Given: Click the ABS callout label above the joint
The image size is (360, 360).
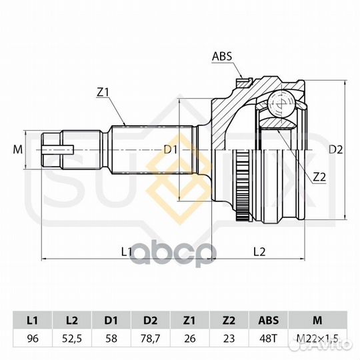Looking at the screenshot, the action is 222,56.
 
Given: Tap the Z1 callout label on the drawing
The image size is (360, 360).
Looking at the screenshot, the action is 103,92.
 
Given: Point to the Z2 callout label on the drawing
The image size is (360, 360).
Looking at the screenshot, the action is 319,177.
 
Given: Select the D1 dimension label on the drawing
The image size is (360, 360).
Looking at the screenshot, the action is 171,150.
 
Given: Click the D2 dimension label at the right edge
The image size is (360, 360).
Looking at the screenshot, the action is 335,150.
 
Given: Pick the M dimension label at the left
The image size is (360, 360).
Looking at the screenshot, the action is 18,150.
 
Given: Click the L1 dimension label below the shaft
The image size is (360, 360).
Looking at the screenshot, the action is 127,252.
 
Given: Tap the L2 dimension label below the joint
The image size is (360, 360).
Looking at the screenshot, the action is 259,252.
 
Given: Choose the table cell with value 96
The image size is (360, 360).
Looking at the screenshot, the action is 33,338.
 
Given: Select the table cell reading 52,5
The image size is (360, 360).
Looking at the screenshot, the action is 72,338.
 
